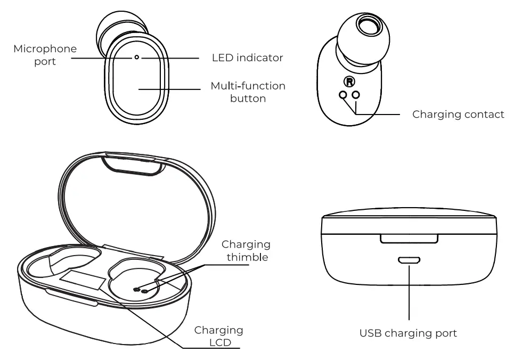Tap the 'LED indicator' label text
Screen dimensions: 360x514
pyautogui.click(x=248, y=58)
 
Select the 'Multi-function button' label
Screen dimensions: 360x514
pyautogui.click(x=248, y=92)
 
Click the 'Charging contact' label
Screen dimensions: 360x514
pyautogui.click(x=458, y=114)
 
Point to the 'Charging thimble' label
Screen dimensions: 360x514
pyautogui.click(x=246, y=251)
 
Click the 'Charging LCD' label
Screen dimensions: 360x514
pyautogui.click(x=218, y=336)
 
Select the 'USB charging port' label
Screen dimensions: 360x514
pyautogui.click(x=409, y=333)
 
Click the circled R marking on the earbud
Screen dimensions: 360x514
pyautogui.click(x=349, y=83)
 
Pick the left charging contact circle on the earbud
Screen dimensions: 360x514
pyautogui.click(x=344, y=95)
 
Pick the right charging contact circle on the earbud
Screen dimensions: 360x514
pyautogui.click(x=356, y=95)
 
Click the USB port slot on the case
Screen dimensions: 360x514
pyautogui.click(x=409, y=260)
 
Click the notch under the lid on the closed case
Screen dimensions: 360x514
pyautogui.click(x=409, y=238)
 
